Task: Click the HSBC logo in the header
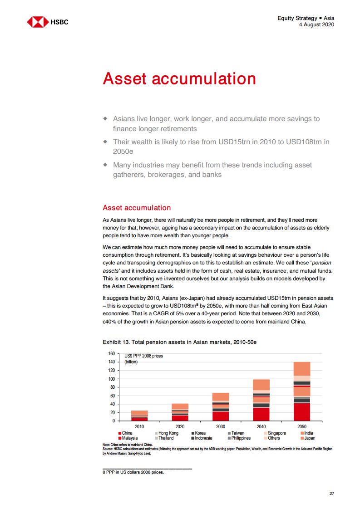(48, 21)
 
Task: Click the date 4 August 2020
(316, 24)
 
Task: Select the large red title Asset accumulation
(179, 78)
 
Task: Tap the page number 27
(331, 494)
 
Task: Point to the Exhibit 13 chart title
(180, 341)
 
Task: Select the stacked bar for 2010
(139, 416)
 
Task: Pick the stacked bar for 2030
(221, 407)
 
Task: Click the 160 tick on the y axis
(111, 353)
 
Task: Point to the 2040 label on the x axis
(261, 427)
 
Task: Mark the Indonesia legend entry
(202, 438)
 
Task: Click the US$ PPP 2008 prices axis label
(143, 356)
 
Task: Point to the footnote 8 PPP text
(133, 472)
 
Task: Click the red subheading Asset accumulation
(137, 208)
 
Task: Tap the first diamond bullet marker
(105, 119)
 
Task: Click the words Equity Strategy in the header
(297, 18)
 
